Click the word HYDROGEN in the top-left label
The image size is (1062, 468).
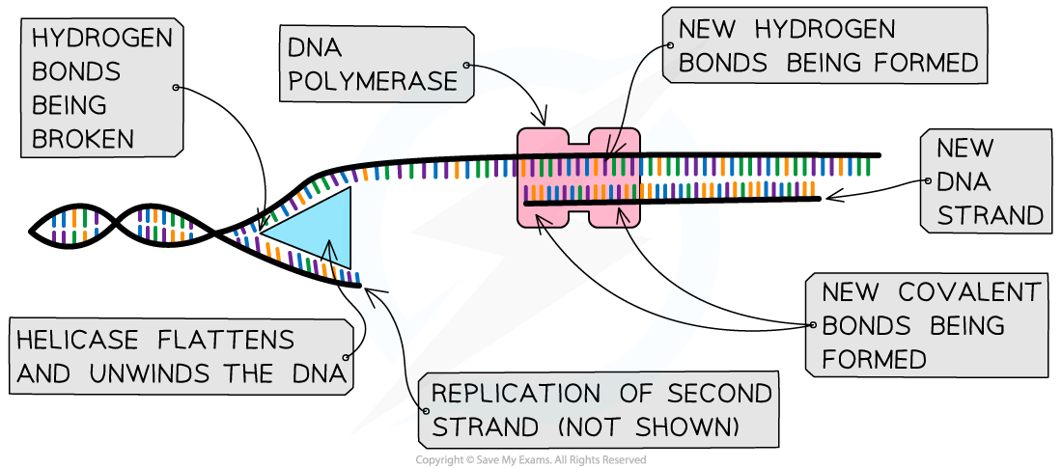102,39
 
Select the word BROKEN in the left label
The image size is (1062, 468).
83,138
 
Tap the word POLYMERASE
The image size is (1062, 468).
373,81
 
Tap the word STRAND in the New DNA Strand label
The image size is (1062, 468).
991,215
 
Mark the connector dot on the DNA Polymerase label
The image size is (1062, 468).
466,66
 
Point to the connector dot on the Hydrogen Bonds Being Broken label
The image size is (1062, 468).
175,87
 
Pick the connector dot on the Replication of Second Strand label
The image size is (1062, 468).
425,410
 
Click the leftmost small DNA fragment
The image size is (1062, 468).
75,227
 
